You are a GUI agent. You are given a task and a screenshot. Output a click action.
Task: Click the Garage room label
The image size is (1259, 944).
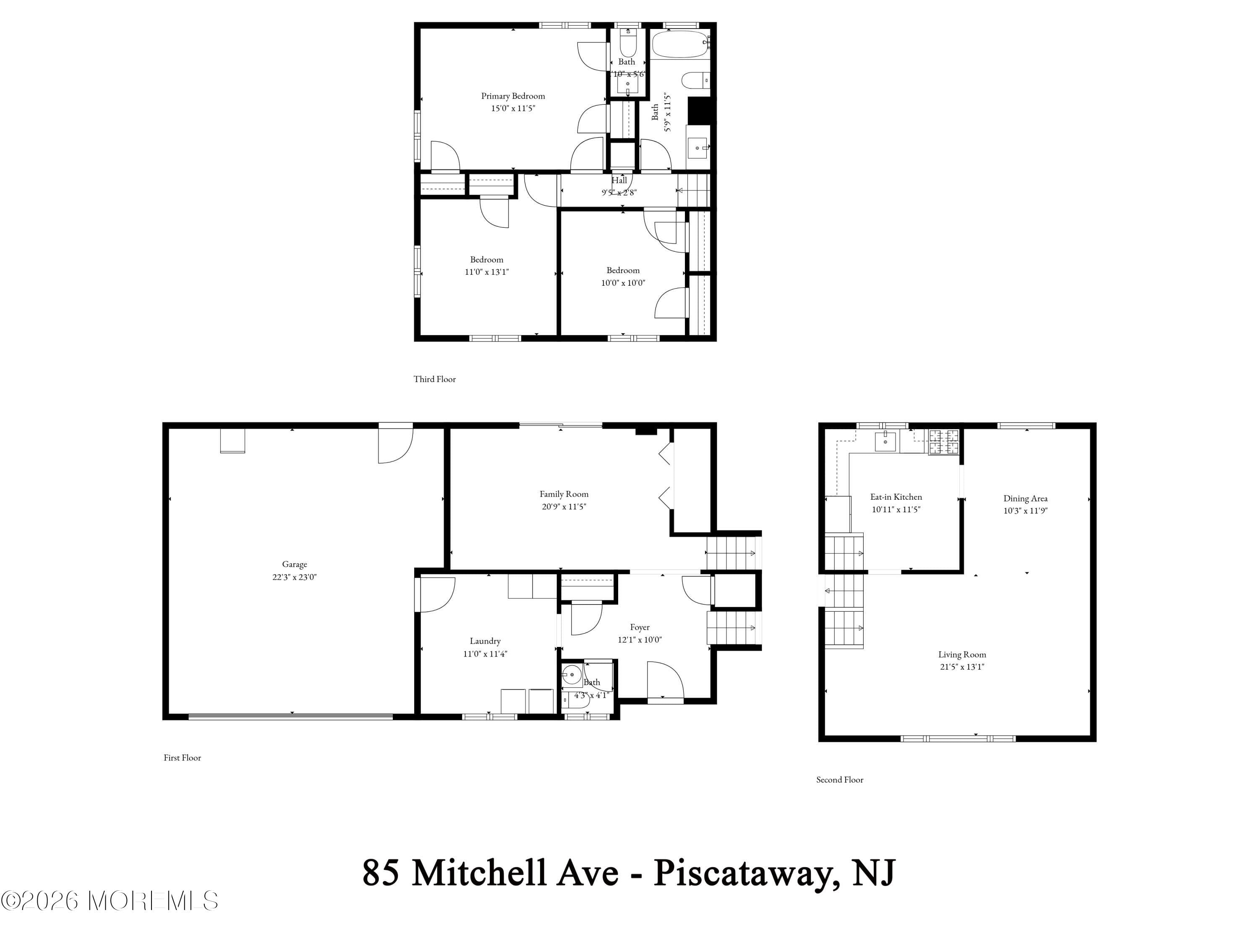pyautogui.click(x=294, y=564)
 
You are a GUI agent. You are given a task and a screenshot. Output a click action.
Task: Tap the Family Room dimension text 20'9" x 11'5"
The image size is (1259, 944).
pyautogui.click(x=564, y=506)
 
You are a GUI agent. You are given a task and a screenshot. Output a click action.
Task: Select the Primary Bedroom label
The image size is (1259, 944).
pyautogui.click(x=513, y=96)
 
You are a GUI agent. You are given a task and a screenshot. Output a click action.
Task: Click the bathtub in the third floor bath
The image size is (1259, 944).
pyautogui.click(x=679, y=44)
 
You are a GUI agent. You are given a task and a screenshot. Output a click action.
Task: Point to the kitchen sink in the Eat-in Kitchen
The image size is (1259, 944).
pyautogui.click(x=885, y=441)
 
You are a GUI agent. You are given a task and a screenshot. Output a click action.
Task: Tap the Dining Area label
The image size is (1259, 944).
pyautogui.click(x=1025, y=498)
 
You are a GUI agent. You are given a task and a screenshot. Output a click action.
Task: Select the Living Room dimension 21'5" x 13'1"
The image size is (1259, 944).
pyautogui.click(x=962, y=666)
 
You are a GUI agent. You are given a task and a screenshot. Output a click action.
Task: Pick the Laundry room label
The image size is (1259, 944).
pyautogui.click(x=485, y=641)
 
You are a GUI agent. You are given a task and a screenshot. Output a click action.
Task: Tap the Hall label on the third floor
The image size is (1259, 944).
pyautogui.click(x=619, y=180)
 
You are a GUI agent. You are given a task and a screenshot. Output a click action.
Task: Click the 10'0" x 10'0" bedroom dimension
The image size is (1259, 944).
pyautogui.click(x=623, y=282)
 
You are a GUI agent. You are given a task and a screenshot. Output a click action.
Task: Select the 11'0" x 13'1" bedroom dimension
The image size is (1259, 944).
pyautogui.click(x=487, y=271)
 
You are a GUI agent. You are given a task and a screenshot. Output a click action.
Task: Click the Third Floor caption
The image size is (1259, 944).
pyautogui.click(x=434, y=379)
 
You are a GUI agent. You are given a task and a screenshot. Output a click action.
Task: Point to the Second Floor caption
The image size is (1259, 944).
pyautogui.click(x=839, y=780)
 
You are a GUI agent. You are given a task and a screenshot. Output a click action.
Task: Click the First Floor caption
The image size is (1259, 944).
pyautogui.click(x=182, y=757)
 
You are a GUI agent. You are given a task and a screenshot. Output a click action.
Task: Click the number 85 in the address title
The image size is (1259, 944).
pyautogui.click(x=380, y=873)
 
